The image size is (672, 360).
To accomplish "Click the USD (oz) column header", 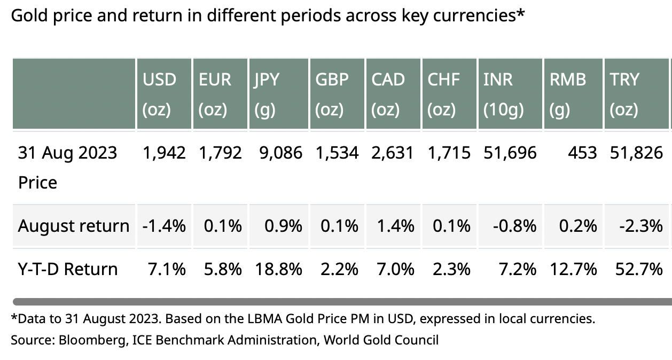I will pos(159,94).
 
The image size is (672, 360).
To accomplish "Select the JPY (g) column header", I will pos(266,94).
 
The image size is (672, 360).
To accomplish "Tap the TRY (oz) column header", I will pos(624,94).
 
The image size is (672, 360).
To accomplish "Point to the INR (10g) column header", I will pos(503,94).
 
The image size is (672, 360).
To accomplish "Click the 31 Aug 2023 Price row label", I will pos(67,167).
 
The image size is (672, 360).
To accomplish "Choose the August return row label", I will pos(73,226).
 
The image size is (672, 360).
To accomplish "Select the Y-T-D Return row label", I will pos(68,269).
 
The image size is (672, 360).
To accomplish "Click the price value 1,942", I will pos(164,153).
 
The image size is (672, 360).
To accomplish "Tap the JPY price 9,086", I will pos(280,153).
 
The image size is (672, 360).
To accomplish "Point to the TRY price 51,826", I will pos(636,153).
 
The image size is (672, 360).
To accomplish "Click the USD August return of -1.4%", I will pos(164,226).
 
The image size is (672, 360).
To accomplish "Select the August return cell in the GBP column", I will pos(339,226).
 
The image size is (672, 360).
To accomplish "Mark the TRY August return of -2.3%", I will pos(641,226).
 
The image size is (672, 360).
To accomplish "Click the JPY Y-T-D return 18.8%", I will pos(279,269).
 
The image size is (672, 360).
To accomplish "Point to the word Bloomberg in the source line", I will pos(86,340).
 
